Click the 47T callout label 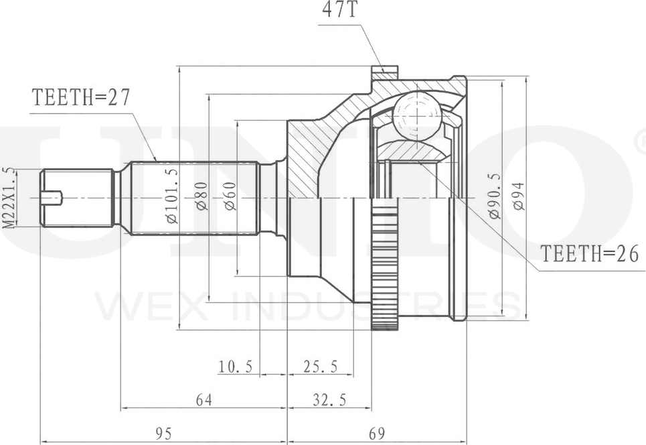coord(339,10)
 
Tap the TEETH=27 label coord(81,98)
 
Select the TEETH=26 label coord(590,253)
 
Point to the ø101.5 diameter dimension coord(172,196)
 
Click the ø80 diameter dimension coord(202,196)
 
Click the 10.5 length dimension coord(235,366)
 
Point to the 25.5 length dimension coord(321,366)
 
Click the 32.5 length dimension coord(329,399)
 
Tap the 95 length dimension coord(163,434)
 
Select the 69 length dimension coord(377,434)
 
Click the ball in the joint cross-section coord(417,117)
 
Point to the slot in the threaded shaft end coord(52,198)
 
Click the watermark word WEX coord(153,306)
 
